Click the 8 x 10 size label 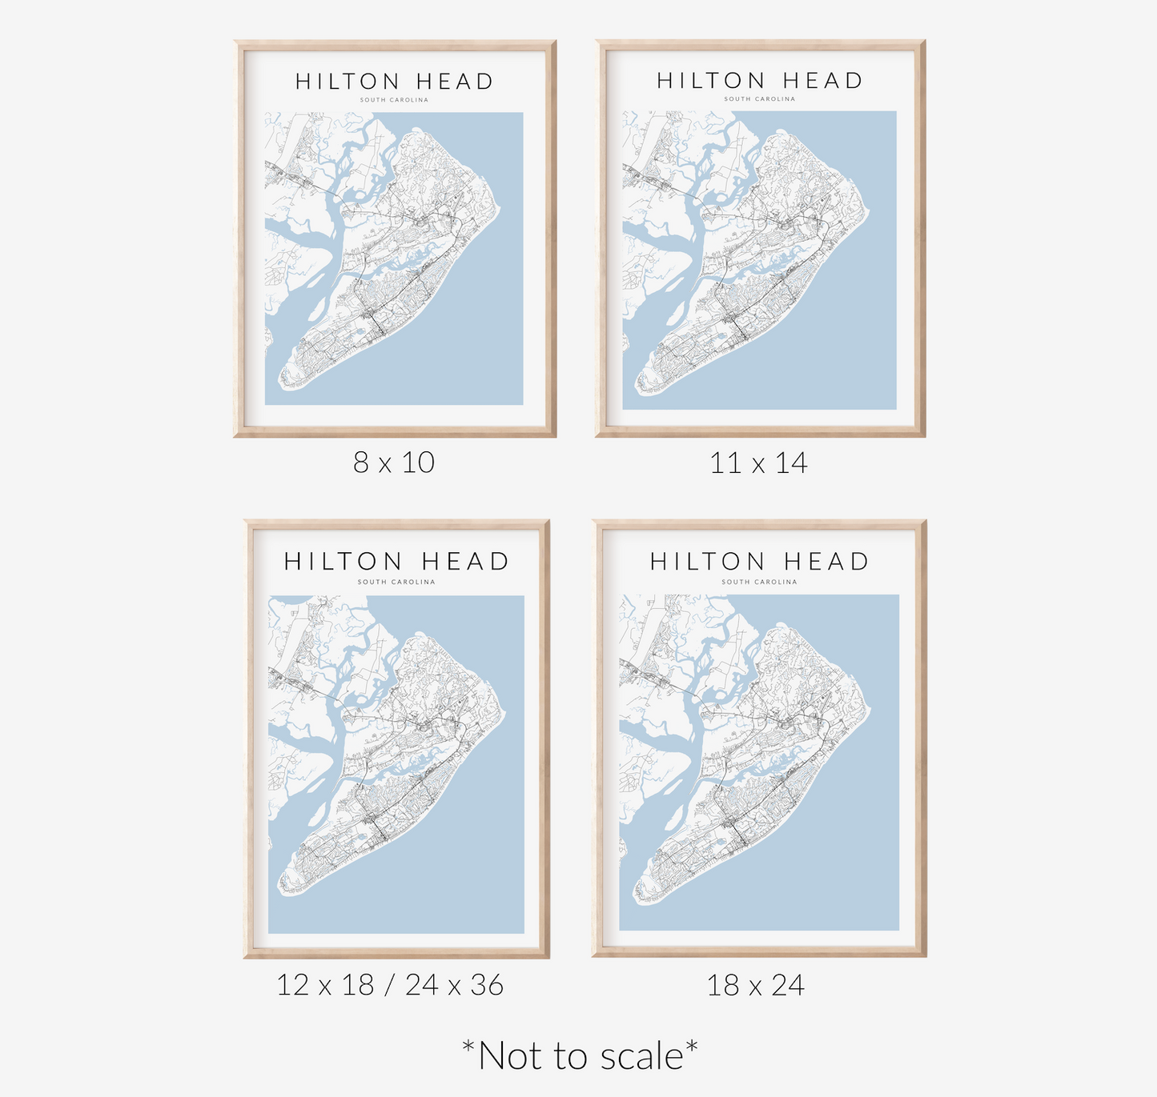click(x=394, y=462)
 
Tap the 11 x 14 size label click(x=758, y=463)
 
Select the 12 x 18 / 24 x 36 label click(x=390, y=985)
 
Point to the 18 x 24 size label click(x=755, y=985)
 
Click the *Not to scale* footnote click(x=580, y=1055)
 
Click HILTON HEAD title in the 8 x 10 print click(x=394, y=82)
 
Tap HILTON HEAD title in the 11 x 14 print click(x=759, y=81)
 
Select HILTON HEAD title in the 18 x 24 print click(x=759, y=562)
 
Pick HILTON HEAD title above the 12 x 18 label click(x=396, y=562)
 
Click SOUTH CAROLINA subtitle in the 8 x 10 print click(x=394, y=100)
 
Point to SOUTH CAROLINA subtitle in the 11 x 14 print click(x=759, y=99)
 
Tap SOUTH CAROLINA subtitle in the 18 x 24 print click(x=759, y=582)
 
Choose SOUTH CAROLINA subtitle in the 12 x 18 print click(x=396, y=582)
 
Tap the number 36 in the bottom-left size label click(x=487, y=985)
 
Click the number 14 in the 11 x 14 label click(x=791, y=463)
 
